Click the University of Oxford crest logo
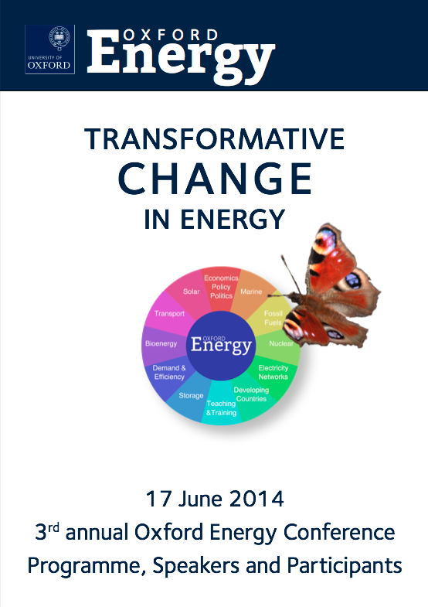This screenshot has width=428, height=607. click(x=50, y=49)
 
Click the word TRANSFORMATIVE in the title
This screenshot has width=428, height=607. click(x=215, y=139)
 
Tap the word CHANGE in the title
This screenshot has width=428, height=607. click(x=215, y=179)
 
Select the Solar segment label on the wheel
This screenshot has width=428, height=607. click(x=192, y=292)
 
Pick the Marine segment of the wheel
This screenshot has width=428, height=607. click(x=251, y=292)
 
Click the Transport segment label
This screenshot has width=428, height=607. click(x=169, y=314)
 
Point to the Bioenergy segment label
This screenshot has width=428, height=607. click(x=161, y=343)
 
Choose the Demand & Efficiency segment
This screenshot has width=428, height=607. click(x=169, y=373)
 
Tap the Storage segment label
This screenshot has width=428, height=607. click(x=191, y=396)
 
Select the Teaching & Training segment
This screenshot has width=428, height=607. click(x=221, y=408)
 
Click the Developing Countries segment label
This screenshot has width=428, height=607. click(x=251, y=394)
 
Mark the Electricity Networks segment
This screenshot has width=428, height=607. click(x=273, y=373)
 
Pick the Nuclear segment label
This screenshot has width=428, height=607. click(x=281, y=343)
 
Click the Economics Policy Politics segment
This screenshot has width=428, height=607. click(x=221, y=287)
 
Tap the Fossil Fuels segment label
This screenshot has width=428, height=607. click(x=273, y=318)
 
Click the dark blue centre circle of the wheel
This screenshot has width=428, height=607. click(x=221, y=346)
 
